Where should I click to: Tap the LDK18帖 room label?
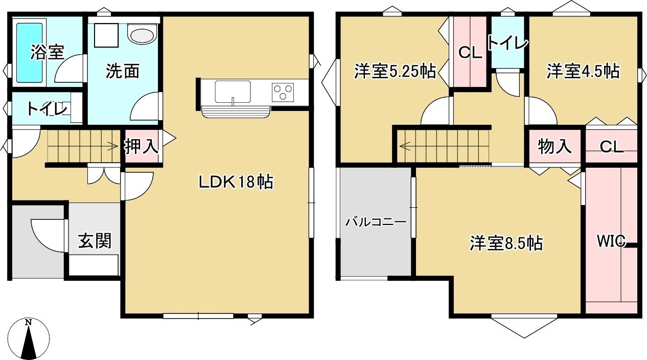point(236,182)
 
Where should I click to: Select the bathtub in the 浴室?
point(29,52)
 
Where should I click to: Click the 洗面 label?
point(123,72)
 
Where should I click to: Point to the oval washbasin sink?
point(142,35)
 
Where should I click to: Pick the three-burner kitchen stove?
point(284,92)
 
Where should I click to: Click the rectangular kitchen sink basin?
point(233,92)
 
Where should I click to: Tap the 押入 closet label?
point(142,147)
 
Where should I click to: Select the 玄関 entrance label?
point(95,240)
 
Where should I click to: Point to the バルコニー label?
point(376,222)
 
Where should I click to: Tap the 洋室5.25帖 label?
point(395,72)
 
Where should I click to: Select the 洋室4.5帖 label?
point(583,71)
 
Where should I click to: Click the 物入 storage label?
point(554,147)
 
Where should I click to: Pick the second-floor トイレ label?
point(507,43)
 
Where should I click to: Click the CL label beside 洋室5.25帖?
point(470,53)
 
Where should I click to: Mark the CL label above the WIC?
point(611,147)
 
